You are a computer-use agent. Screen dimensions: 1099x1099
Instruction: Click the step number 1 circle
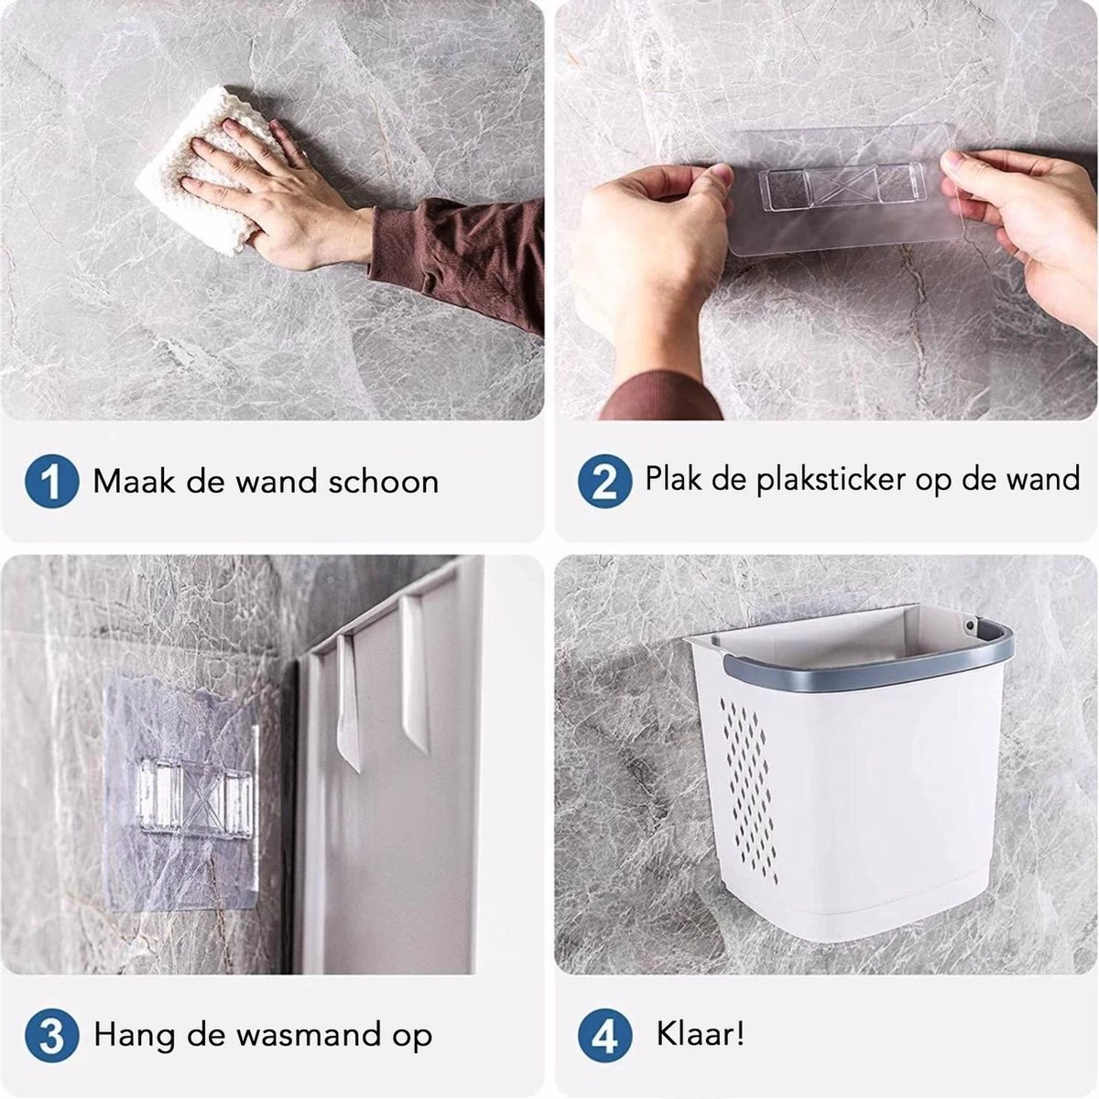[x=51, y=482]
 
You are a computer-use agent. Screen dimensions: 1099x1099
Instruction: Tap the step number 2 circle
[x=604, y=482]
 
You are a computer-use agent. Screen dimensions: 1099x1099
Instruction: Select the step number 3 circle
[x=51, y=1036]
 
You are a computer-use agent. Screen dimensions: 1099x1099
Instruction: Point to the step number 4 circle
[x=604, y=1036]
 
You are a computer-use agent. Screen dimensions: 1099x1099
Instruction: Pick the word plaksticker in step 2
[x=832, y=479]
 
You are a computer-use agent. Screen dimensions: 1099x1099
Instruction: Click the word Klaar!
[x=701, y=1035]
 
